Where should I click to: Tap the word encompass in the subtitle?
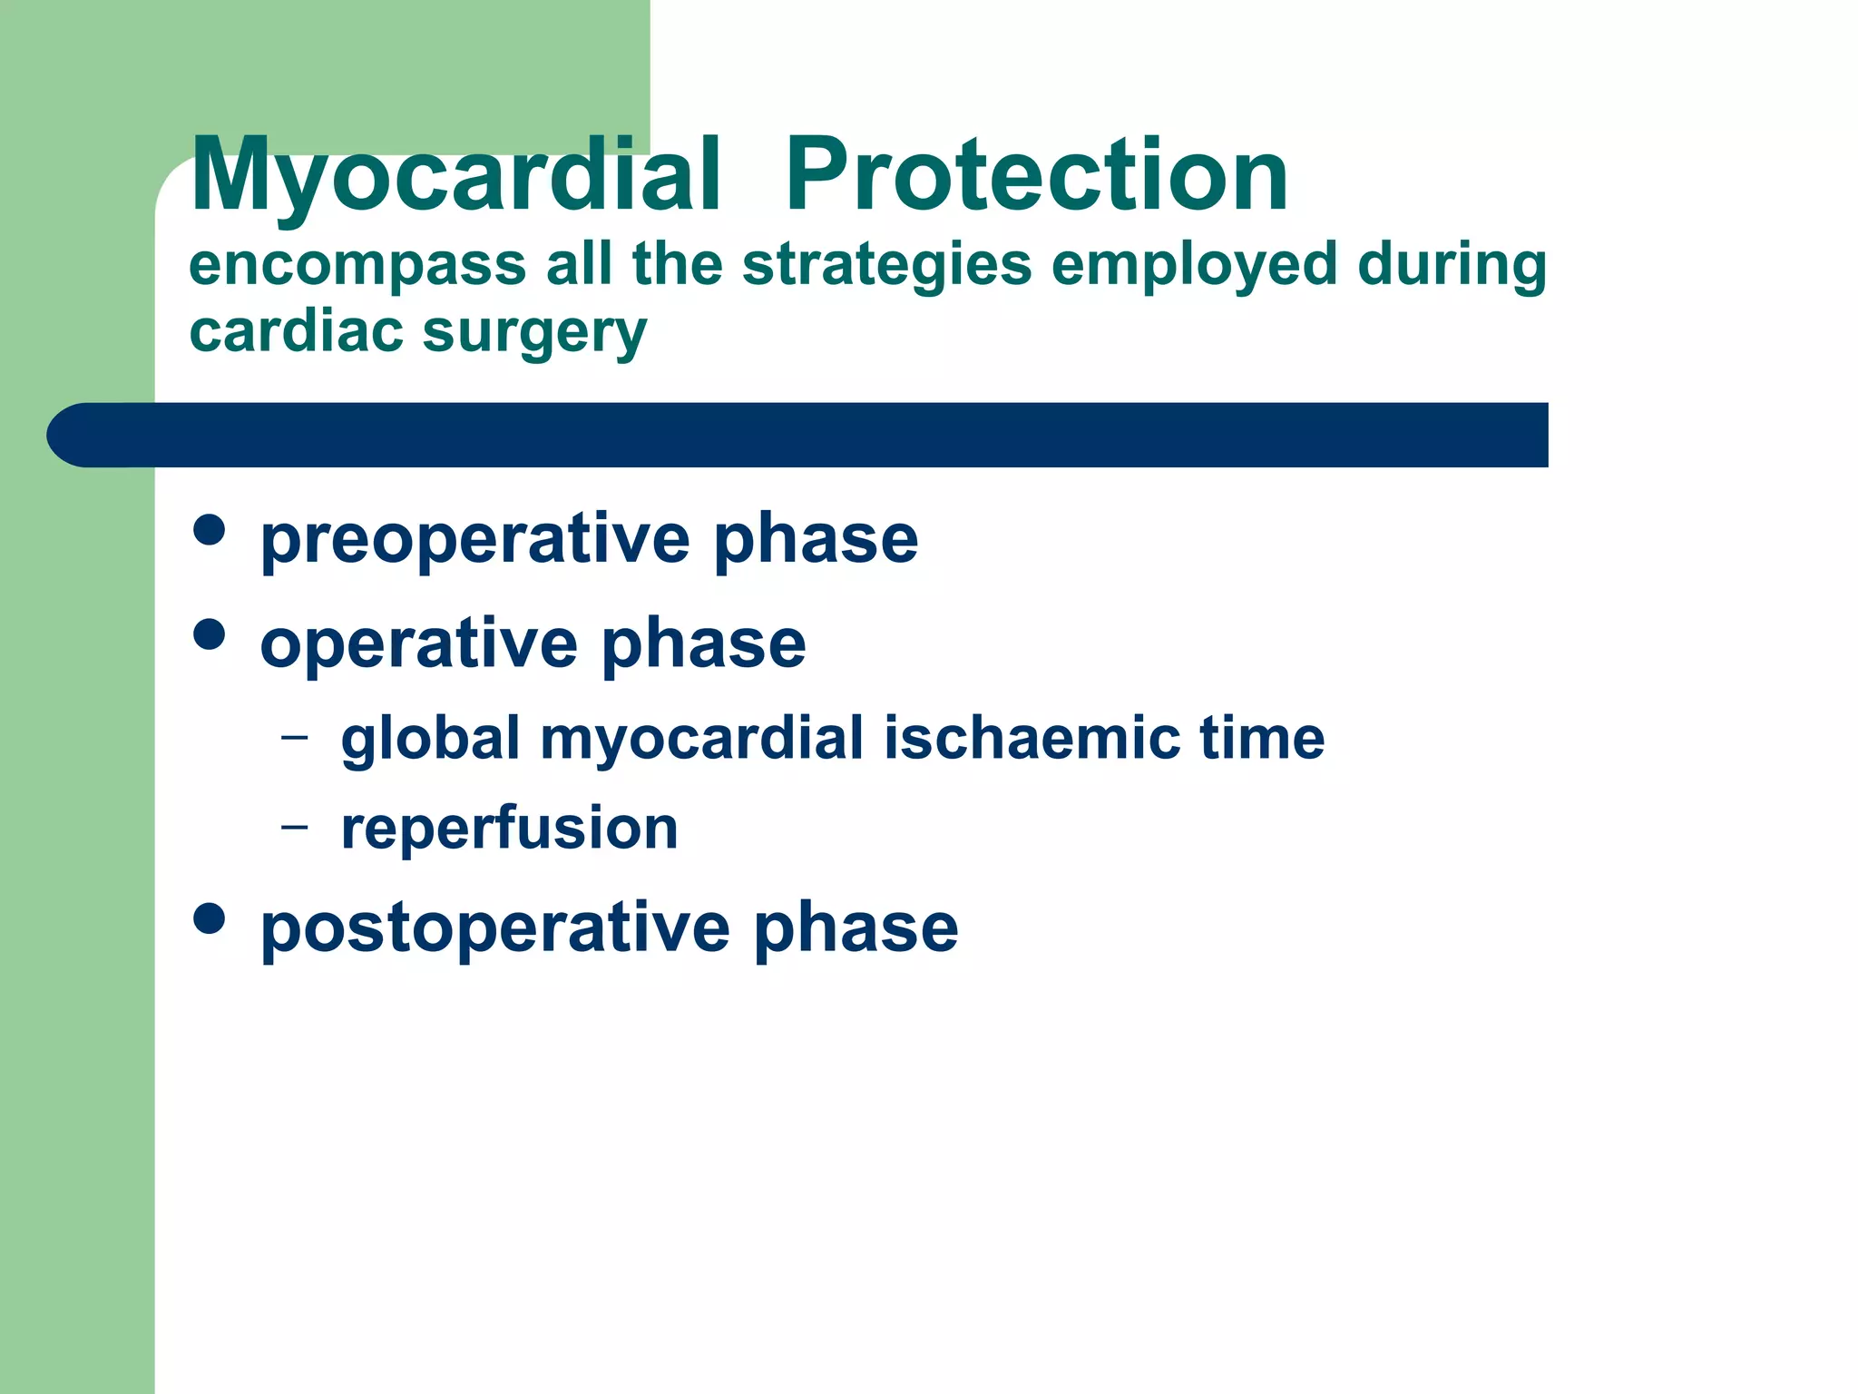coord(357,265)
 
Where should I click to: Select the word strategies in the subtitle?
coord(887,265)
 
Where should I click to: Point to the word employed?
coord(1194,265)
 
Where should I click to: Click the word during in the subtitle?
coord(1452,265)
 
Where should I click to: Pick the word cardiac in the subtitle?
coord(296,331)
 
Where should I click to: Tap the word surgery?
coord(535,333)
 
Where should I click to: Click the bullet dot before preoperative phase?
coord(210,530)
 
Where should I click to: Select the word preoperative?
coord(474,540)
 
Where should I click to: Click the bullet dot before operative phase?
coord(210,634)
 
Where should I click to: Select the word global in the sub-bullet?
coord(430,737)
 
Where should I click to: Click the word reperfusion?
coord(509,828)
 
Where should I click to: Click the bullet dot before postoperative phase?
coord(210,918)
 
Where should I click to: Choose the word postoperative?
coord(494,928)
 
